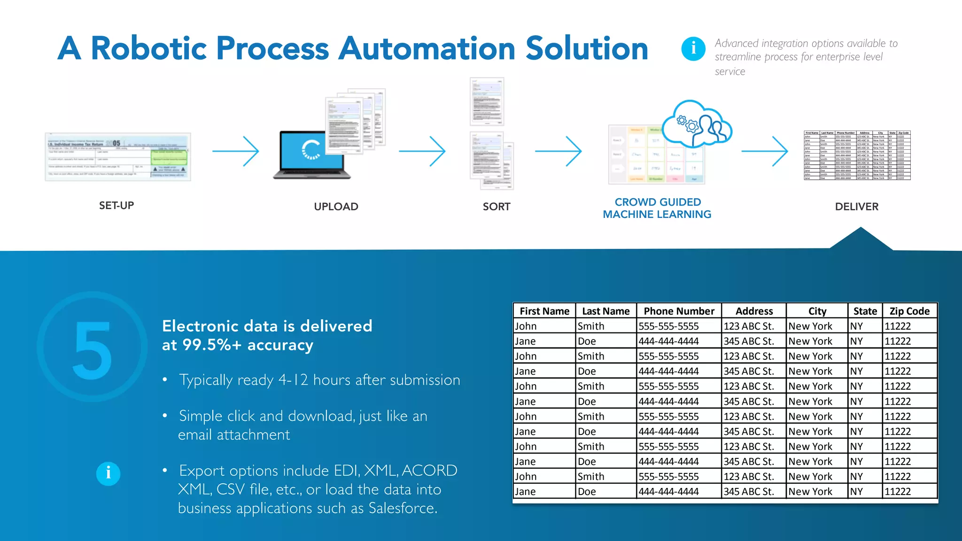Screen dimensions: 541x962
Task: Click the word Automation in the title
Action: pyautogui.click(x=427, y=49)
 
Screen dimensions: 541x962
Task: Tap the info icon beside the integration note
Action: pyautogui.click(x=693, y=48)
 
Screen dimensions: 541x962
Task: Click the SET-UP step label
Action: pyautogui.click(x=116, y=206)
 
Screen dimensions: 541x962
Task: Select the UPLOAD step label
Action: pyautogui.click(x=336, y=207)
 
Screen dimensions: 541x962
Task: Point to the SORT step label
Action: pyautogui.click(x=497, y=207)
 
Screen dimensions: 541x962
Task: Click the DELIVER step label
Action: pyautogui.click(x=856, y=207)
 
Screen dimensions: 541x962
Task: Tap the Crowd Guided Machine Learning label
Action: pyautogui.click(x=657, y=208)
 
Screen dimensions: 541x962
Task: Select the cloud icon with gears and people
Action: pyautogui.click(x=698, y=124)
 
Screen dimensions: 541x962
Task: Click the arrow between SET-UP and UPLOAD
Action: pyautogui.click(x=236, y=151)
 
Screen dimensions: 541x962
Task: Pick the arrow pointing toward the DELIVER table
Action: pyautogui.click(x=765, y=151)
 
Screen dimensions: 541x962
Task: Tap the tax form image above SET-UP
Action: pyautogui.click(x=118, y=157)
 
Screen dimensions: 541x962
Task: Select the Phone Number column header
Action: pyautogui.click(x=679, y=311)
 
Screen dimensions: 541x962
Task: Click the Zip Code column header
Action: pyautogui.click(x=909, y=311)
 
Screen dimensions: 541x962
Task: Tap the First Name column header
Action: pyautogui.click(x=544, y=311)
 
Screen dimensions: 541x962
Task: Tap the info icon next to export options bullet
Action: pyautogui.click(x=108, y=473)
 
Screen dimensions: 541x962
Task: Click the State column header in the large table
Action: pyautogui.click(x=865, y=311)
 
